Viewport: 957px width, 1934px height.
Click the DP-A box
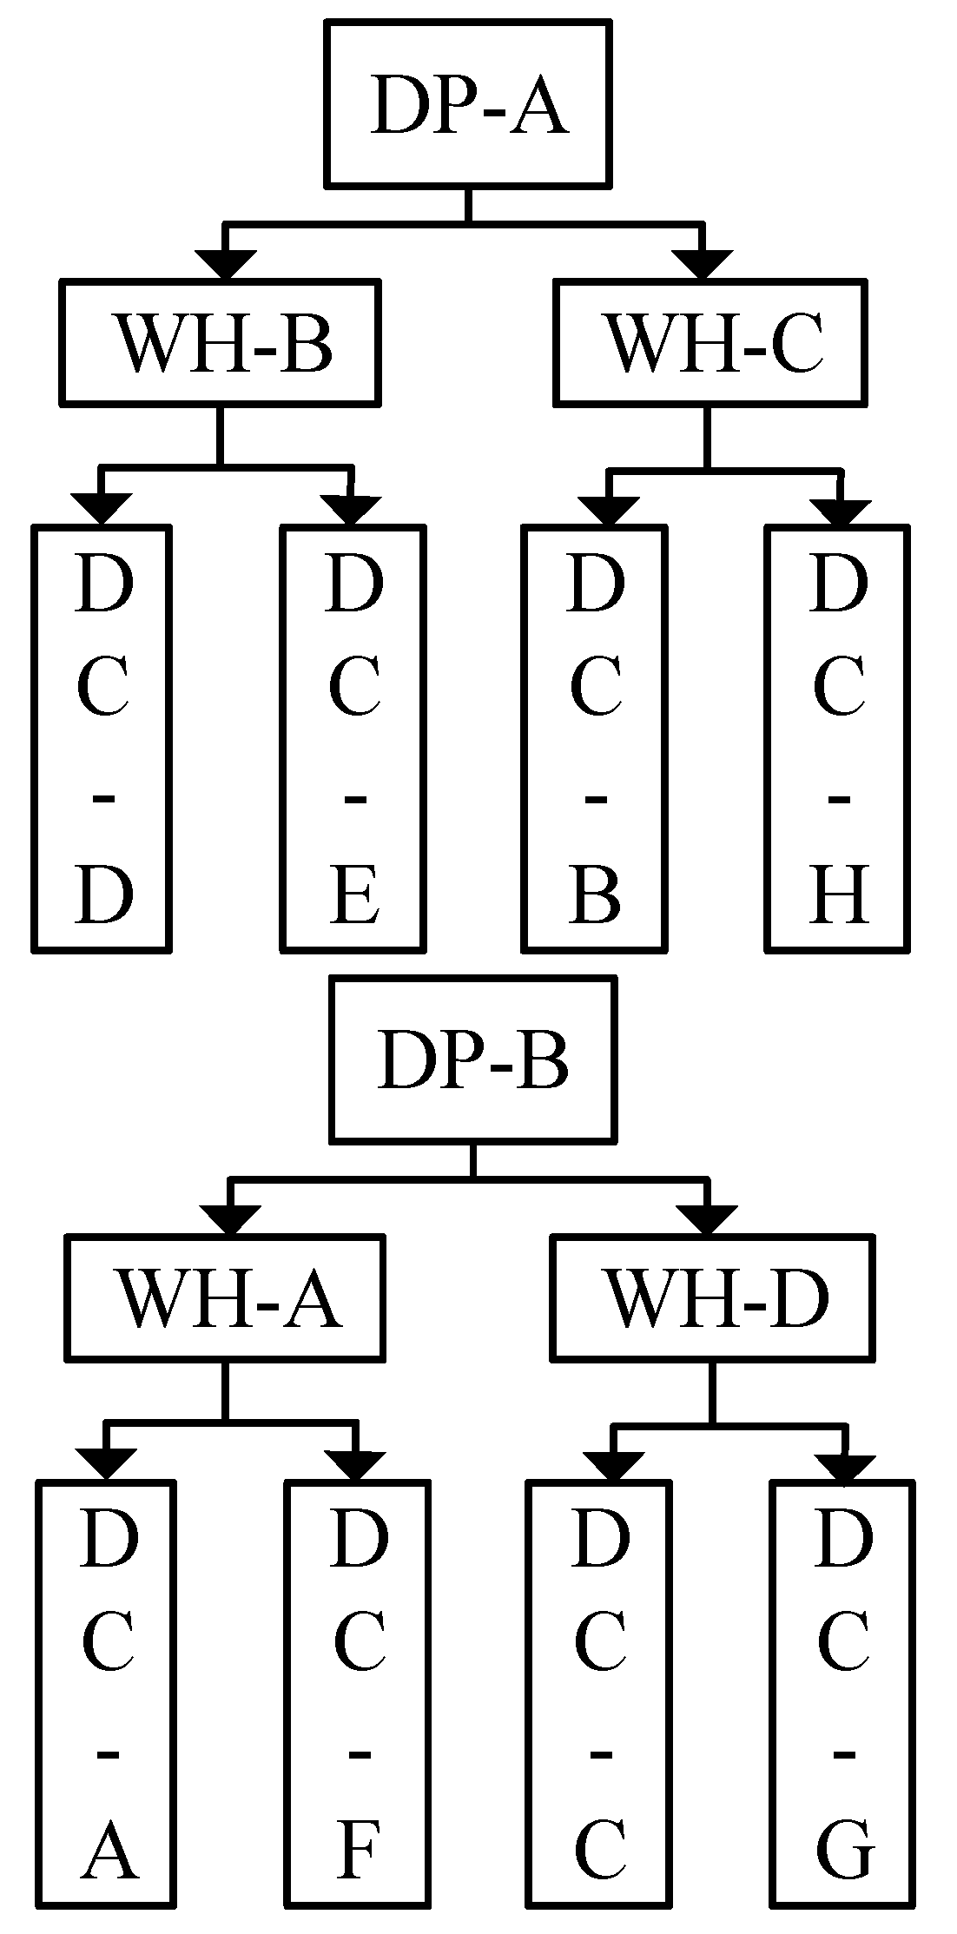[x=468, y=104]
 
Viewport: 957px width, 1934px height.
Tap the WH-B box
[x=221, y=342]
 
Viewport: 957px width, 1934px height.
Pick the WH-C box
[x=711, y=342]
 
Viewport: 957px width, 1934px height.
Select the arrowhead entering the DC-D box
[x=102, y=508]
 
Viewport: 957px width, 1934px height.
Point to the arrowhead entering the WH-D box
[x=707, y=1218]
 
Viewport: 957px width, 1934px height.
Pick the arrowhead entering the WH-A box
[x=231, y=1218]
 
